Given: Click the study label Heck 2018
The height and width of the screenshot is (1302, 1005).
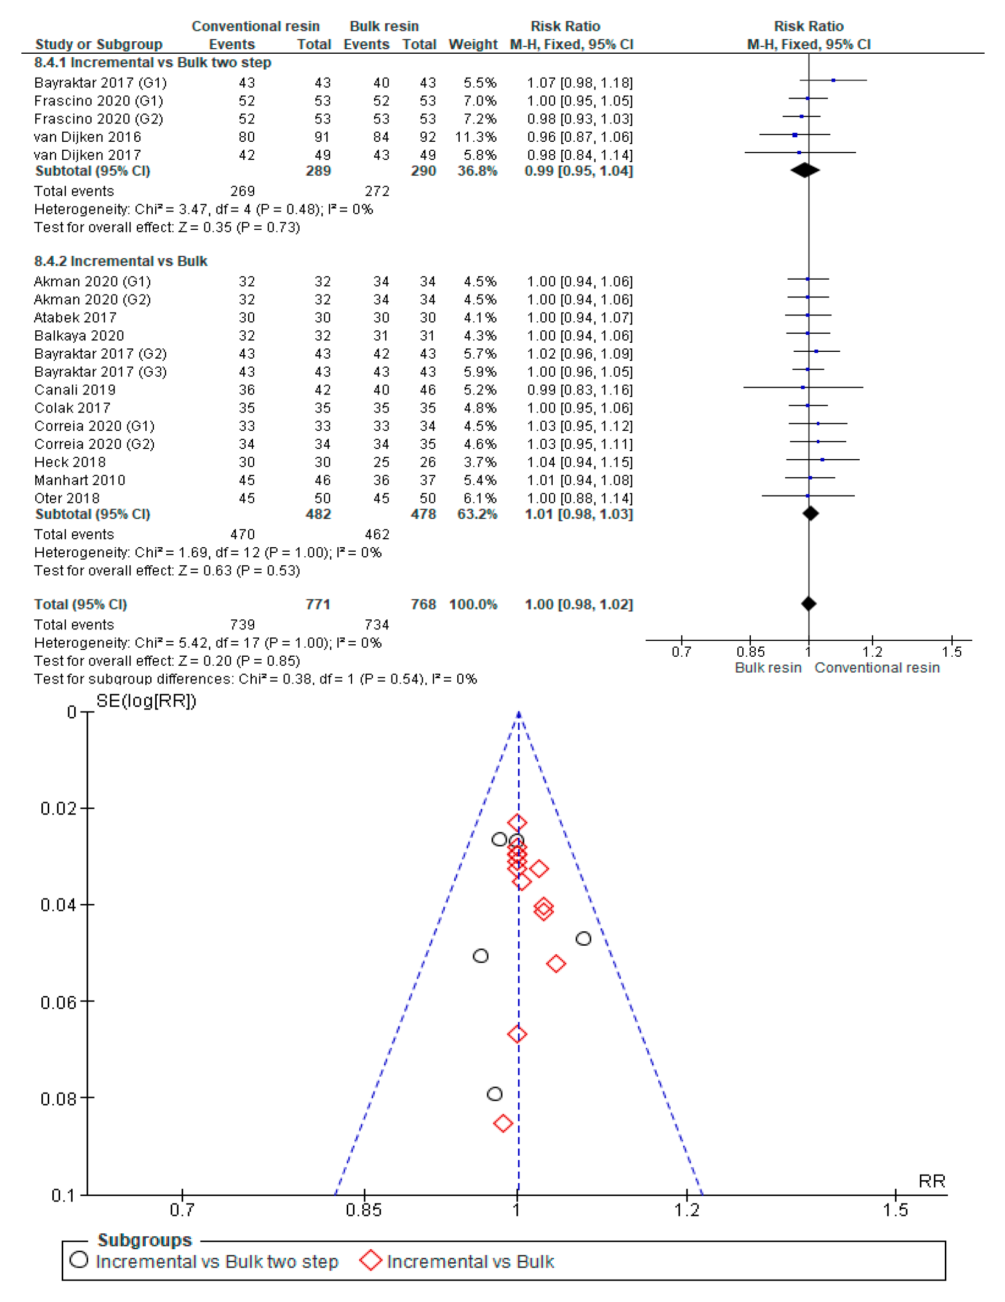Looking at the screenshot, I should point(70,462).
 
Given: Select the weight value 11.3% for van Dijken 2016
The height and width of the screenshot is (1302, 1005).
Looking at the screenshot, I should point(476,137).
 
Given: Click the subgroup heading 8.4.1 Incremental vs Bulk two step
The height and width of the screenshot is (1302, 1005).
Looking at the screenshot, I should point(153,63).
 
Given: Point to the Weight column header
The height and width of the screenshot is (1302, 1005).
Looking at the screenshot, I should point(473,44).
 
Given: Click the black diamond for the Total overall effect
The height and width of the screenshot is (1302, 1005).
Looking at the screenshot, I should point(808,604).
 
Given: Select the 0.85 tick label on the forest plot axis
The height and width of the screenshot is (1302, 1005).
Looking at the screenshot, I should point(750,652).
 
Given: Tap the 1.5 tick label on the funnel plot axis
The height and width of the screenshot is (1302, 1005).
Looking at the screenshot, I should point(896,1209).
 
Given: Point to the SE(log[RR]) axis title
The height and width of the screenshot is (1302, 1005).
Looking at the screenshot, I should point(146,701).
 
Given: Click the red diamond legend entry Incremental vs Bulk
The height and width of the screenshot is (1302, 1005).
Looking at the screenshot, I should point(470,1262).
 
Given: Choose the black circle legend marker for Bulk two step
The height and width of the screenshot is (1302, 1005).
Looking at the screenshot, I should point(79,1260).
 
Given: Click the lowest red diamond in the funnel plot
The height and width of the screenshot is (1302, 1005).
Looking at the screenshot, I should point(503,1123).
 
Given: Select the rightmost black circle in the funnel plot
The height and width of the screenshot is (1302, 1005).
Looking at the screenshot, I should point(583,938).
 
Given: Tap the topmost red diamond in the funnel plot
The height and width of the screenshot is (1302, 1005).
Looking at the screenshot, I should point(517,823).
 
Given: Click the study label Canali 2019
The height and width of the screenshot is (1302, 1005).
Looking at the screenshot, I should point(75,390).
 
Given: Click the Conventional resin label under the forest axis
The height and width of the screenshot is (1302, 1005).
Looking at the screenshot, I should point(877,668).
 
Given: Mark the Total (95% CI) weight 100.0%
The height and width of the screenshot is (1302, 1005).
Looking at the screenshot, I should point(473,604).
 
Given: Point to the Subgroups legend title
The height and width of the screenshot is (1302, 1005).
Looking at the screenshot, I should point(144,1240).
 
